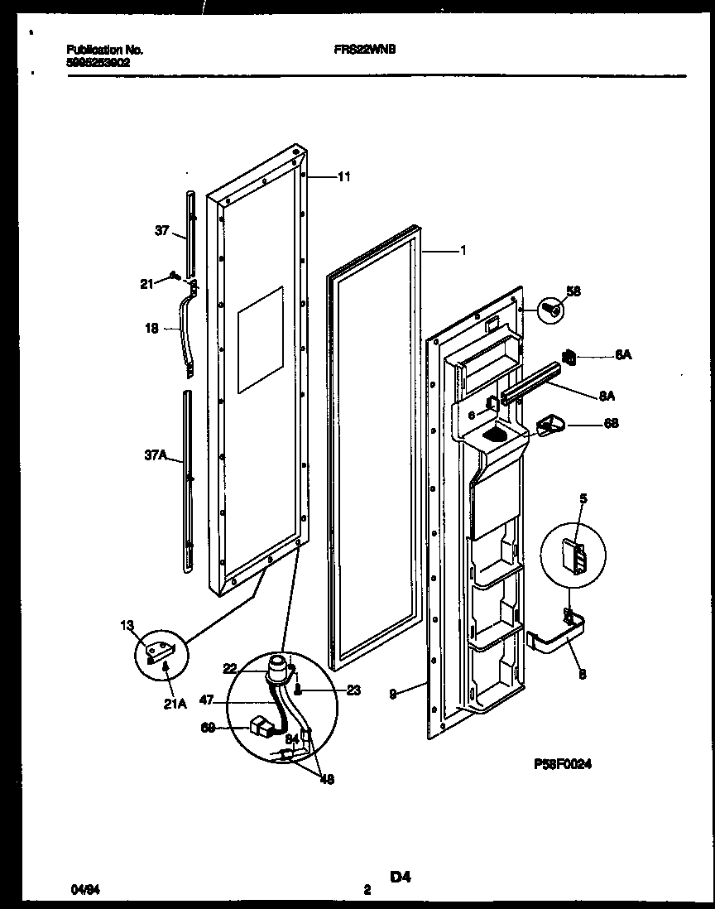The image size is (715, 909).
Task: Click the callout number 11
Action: click(x=344, y=176)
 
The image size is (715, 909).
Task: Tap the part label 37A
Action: click(x=156, y=454)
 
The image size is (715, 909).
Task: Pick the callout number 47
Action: click(x=207, y=700)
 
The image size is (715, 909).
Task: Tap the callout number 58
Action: click(x=573, y=291)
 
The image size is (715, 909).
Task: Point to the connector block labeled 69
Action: click(x=262, y=729)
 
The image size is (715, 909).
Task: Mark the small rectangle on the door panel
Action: click(x=260, y=339)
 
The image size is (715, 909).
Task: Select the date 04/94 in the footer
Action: click(x=82, y=890)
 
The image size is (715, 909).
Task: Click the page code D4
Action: click(x=401, y=877)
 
